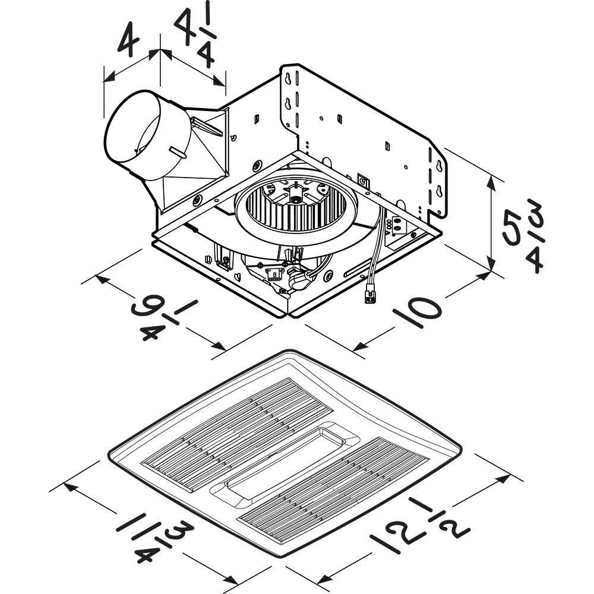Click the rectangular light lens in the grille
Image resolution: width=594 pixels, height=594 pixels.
[x=285, y=460]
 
